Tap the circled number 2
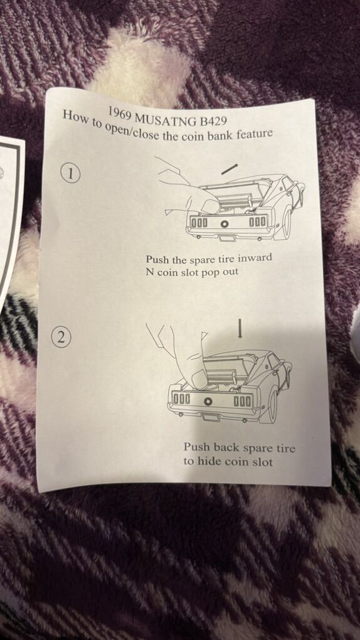pos(61,338)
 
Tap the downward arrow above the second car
pos(240,328)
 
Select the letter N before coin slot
pos(150,272)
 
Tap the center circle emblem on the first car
pos(224,223)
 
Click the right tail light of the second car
pos(243,401)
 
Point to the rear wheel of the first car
pos(287,223)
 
